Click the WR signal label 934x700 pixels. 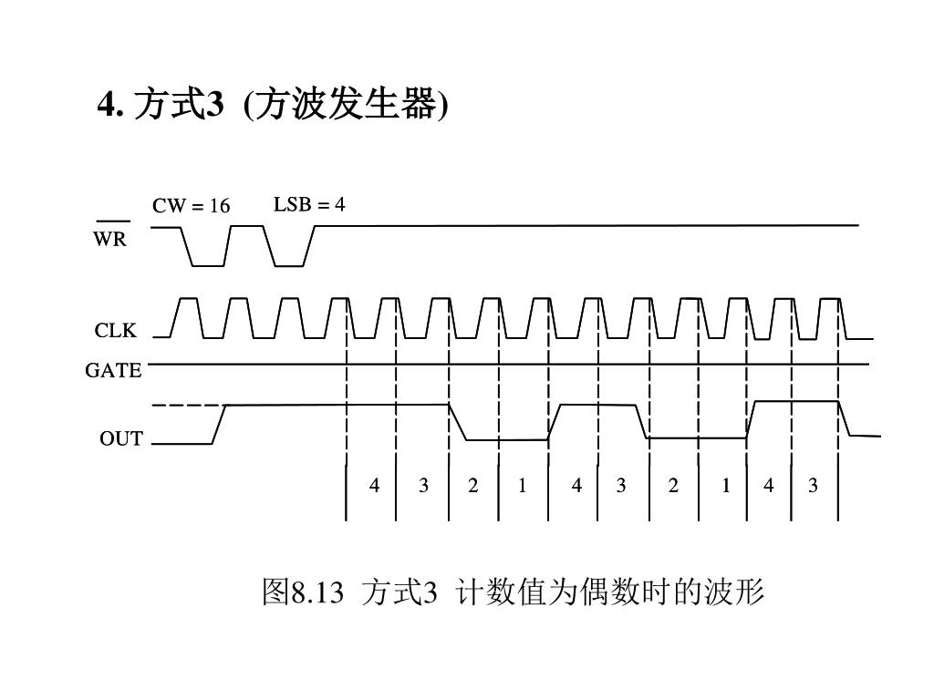coord(110,241)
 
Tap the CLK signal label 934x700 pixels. coord(116,331)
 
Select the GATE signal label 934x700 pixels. coord(114,371)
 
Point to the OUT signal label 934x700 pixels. coord(121,439)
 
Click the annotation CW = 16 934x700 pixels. coord(191,206)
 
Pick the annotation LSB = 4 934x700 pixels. coord(309,204)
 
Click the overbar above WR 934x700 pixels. coord(112,221)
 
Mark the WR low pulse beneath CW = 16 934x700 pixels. coord(208,264)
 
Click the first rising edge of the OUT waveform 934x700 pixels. coord(219,424)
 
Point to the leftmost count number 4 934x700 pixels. coord(374,486)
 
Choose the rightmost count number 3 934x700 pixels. coord(813,486)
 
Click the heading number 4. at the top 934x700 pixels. coord(109,106)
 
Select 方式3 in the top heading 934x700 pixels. coord(178,106)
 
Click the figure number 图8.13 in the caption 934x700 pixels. coord(303,593)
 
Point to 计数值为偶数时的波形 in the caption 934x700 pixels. coord(610,593)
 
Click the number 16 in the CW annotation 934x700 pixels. coord(219,206)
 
